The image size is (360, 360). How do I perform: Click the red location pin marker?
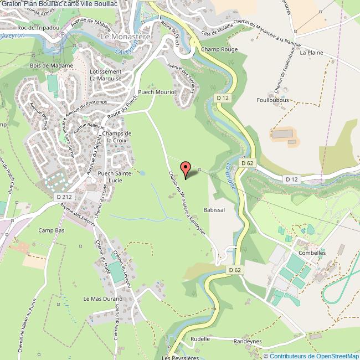[x=186, y=168]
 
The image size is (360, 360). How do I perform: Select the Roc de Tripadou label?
[x=38, y=27]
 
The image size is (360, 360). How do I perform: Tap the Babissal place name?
[x=214, y=210]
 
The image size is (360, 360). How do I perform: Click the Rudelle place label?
[x=200, y=338]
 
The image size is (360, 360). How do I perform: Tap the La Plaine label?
[x=311, y=53]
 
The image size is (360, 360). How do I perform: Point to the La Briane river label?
[x=231, y=176]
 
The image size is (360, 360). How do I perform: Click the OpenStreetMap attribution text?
[x=311, y=356]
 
